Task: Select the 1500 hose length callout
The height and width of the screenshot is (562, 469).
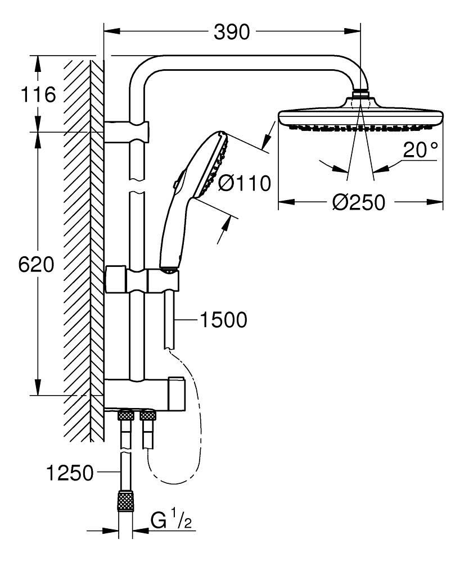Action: tap(223, 320)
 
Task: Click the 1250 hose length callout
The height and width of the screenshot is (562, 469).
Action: tap(70, 473)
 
